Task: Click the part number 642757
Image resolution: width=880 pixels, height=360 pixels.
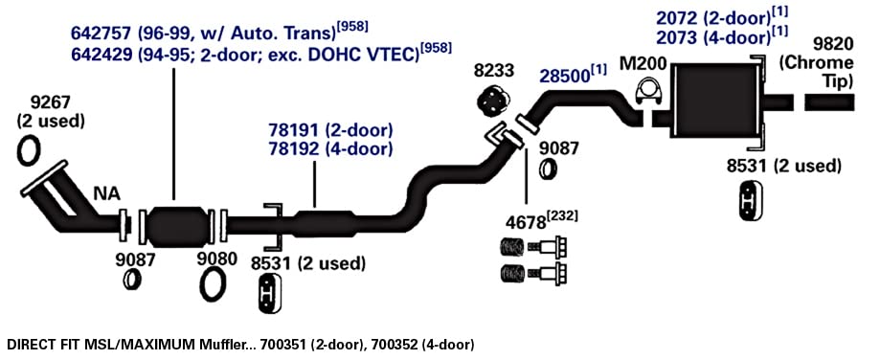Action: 101,34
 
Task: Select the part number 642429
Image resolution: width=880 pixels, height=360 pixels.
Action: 101,55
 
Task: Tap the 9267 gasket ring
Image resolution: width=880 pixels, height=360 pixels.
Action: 29,150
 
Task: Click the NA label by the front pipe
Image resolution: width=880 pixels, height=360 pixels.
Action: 106,194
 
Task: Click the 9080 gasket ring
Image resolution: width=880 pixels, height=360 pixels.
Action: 214,285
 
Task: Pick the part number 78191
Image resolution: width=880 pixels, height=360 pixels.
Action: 292,130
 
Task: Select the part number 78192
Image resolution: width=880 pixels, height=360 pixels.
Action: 292,149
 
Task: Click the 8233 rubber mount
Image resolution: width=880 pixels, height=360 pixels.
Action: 493,101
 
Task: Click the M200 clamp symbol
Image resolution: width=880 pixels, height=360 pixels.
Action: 648,92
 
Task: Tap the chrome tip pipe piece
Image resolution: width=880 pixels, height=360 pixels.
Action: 829,102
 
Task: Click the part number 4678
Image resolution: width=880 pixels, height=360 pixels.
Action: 526,223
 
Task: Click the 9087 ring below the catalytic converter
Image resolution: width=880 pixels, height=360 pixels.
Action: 132,280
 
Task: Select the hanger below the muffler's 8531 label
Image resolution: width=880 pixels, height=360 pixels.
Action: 748,197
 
